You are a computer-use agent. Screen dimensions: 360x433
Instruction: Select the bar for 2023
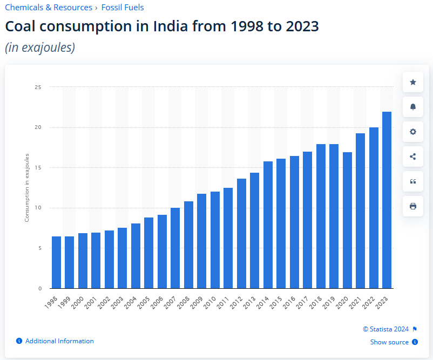[387, 200]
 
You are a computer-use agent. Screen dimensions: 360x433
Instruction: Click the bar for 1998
[56, 262]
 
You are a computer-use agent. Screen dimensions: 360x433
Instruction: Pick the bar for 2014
[268, 225]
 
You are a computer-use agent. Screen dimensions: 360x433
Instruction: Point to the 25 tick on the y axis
[38, 87]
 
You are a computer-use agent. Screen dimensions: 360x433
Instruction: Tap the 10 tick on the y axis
[38, 208]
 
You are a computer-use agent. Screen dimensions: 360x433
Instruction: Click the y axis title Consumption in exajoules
[27, 188]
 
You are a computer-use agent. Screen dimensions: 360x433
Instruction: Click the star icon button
[413, 82]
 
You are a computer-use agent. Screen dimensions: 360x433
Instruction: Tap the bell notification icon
[413, 107]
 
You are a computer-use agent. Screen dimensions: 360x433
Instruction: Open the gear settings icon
[413, 132]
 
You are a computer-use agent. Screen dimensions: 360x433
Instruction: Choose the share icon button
[413, 157]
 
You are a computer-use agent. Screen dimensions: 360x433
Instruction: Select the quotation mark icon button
[413, 181]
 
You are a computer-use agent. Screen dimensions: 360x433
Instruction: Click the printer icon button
[413, 206]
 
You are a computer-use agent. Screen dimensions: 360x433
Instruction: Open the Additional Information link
[59, 341]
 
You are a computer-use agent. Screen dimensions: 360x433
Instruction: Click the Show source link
[389, 342]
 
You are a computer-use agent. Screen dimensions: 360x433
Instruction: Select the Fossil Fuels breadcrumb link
[123, 8]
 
